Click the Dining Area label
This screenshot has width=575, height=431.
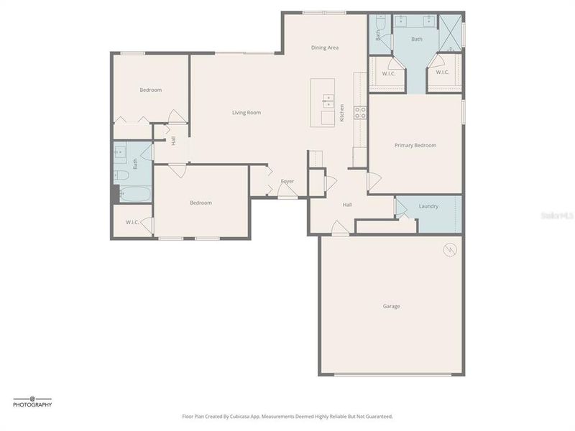325,47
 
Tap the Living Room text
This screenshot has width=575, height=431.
246,113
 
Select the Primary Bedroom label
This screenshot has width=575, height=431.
415,145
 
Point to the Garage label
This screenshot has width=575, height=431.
391,306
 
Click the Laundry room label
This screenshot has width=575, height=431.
428,207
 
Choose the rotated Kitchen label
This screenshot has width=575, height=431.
342,113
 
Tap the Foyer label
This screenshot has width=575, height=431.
287,181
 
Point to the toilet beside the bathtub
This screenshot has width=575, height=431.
121,175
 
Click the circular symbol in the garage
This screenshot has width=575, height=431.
450,249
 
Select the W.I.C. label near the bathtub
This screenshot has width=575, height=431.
132,222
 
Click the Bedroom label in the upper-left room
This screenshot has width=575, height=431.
150,90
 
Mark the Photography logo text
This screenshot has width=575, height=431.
32,405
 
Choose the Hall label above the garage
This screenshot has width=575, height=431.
347,205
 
